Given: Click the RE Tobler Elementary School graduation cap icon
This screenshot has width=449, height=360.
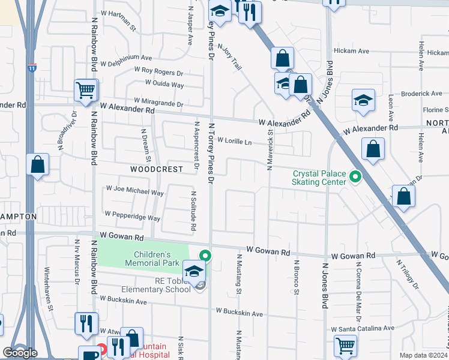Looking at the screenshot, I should click(194, 271).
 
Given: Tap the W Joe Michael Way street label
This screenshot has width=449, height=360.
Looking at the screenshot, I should click(134, 193).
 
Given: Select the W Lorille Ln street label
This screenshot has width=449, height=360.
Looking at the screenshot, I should click(234, 141).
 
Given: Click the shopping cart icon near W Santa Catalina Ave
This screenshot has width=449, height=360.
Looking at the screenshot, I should click(345, 345).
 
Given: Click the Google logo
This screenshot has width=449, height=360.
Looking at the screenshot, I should click(20, 352).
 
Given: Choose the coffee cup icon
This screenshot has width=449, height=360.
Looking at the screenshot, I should click(89, 354).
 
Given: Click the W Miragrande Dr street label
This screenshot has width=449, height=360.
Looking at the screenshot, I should click(158, 101).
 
